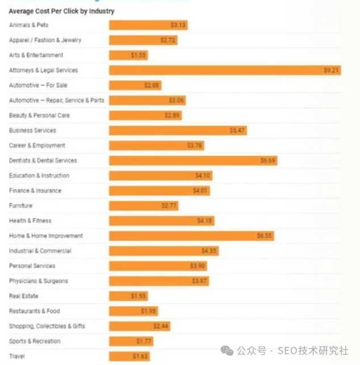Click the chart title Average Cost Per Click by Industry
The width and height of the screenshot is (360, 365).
click(61, 11)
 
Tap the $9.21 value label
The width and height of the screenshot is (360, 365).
click(331, 70)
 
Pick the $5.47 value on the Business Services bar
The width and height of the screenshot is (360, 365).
click(237, 131)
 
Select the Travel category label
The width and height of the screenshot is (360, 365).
click(16, 356)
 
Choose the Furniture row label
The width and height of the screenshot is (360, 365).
click(20, 206)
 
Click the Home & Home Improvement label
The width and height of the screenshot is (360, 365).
click(46, 236)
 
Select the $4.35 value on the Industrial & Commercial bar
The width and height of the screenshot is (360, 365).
click(209, 251)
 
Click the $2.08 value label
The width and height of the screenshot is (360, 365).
click(152, 85)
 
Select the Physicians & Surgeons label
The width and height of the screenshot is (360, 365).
click(38, 281)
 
